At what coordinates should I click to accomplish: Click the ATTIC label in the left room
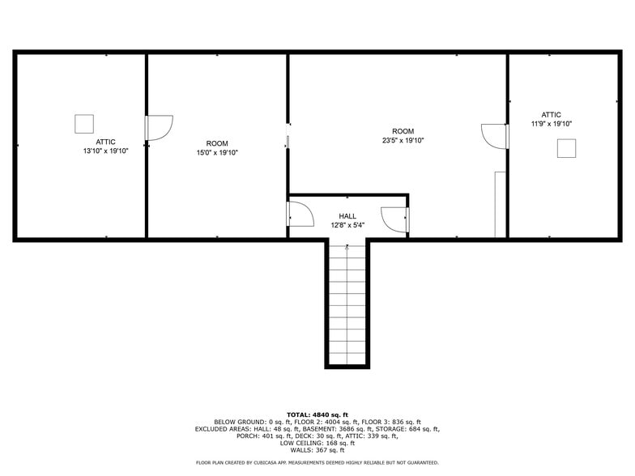(x=105, y=142)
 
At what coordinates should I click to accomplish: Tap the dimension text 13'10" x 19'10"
(x=105, y=151)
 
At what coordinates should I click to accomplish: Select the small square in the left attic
(x=84, y=124)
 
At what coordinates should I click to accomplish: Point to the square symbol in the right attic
(x=566, y=147)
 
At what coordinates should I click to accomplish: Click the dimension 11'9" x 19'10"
(x=552, y=124)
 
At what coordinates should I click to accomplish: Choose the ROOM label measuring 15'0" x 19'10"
(x=217, y=142)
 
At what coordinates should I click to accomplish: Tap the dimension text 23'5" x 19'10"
(x=403, y=141)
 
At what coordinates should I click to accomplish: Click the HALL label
(x=347, y=216)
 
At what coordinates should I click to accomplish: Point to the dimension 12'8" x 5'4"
(x=347, y=226)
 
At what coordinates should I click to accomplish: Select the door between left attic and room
(x=159, y=128)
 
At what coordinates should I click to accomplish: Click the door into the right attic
(x=494, y=136)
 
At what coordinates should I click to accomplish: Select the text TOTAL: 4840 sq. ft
(x=317, y=414)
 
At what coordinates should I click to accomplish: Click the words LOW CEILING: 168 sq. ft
(x=317, y=443)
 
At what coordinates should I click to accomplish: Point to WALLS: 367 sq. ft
(x=317, y=450)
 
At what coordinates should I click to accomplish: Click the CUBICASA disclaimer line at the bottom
(x=317, y=462)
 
